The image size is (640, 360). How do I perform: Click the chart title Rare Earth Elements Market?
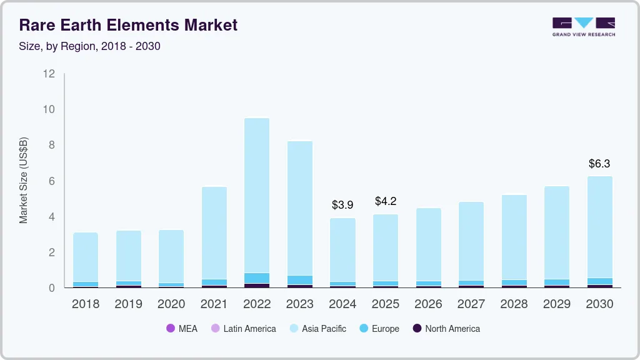(128, 26)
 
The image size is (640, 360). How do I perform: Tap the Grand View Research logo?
(583, 27)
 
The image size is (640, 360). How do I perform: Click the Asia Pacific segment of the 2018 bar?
(86, 257)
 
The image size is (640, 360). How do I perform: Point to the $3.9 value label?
(342, 205)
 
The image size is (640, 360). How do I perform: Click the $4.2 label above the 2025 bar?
(386, 201)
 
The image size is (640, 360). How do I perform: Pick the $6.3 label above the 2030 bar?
(599, 164)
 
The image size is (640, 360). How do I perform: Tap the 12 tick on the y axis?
(49, 74)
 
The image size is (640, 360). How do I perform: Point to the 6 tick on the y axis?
(52, 181)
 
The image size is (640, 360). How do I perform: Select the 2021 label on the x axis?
(214, 304)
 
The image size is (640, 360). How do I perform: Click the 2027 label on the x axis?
(471, 304)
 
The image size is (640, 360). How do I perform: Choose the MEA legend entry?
(182, 329)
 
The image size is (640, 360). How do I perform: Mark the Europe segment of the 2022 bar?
(257, 278)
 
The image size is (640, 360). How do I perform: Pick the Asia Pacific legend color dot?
(294, 329)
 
